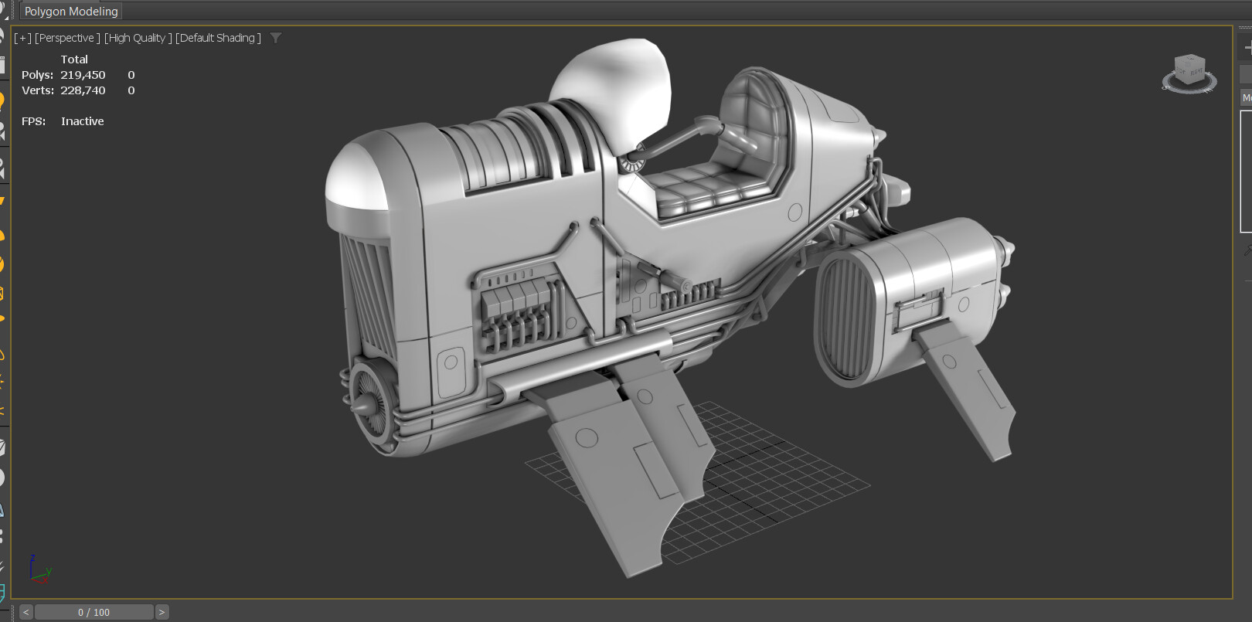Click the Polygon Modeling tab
click(71, 12)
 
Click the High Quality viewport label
click(138, 38)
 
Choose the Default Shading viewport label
click(218, 38)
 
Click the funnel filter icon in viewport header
click(276, 38)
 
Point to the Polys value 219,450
click(83, 75)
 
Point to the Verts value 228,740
click(83, 90)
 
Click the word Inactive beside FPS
click(82, 121)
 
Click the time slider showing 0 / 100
click(94, 612)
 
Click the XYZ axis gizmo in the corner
click(37, 569)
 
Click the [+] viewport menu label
click(22, 38)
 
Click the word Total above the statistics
click(74, 59)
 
